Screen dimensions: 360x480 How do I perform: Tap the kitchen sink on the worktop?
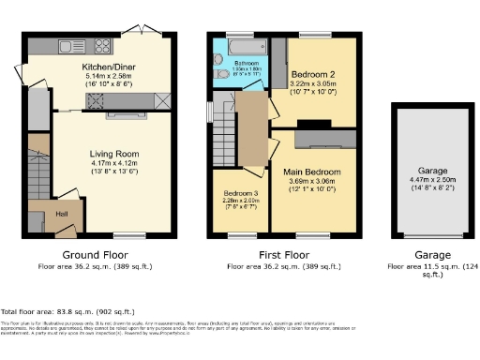pyautogui.click(x=67, y=46)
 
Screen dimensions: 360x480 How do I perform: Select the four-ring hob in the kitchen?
pyautogui.click(x=100, y=46)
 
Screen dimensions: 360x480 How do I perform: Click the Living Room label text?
pyautogui.click(x=113, y=154)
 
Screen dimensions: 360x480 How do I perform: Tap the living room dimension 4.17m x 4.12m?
pyautogui.click(x=113, y=164)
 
